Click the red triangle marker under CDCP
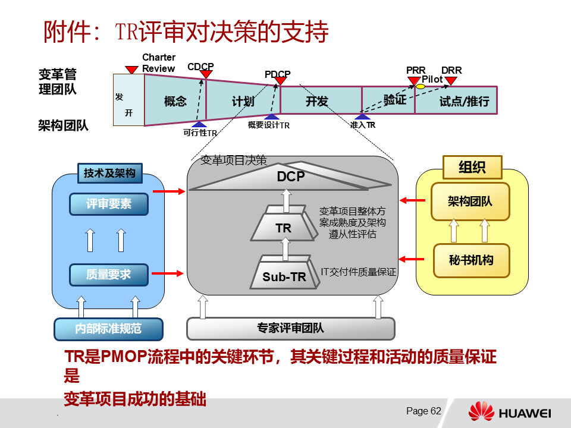coord(206,74)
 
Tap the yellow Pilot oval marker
coord(421,87)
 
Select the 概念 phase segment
coord(175,101)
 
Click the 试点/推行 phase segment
coord(464,101)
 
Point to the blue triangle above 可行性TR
coord(199,124)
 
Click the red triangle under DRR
coord(451,81)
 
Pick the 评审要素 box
coord(109,204)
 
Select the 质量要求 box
coord(109,275)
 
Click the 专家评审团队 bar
coord(291,328)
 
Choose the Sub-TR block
coord(284,276)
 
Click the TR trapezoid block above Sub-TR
coord(284,228)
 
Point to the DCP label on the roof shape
coord(291,177)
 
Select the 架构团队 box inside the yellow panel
coord(470,201)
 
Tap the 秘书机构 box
coord(470,260)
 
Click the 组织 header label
coord(472,167)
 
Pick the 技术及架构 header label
coord(109,173)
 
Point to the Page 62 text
coord(423,411)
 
